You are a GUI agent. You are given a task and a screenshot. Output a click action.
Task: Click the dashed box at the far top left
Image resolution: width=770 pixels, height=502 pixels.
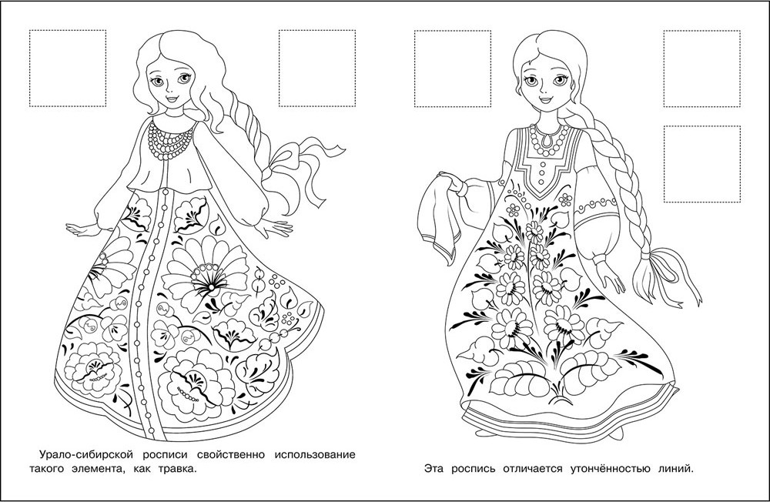click(x=68, y=69)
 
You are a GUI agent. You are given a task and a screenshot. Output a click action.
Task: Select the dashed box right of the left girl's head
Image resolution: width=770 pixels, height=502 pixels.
click(x=317, y=69)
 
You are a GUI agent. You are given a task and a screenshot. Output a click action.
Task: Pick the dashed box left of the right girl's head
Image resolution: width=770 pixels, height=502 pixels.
click(x=453, y=69)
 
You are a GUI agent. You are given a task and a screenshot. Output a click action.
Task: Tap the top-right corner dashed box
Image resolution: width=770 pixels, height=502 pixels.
click(x=702, y=69)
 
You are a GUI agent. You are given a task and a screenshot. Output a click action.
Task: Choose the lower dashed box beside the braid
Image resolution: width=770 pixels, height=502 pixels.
click(x=702, y=164)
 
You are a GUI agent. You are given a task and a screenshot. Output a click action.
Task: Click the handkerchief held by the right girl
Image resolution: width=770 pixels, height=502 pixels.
click(x=440, y=214)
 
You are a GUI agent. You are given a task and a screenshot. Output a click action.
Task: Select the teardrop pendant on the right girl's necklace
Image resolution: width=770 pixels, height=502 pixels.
click(x=544, y=142)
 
